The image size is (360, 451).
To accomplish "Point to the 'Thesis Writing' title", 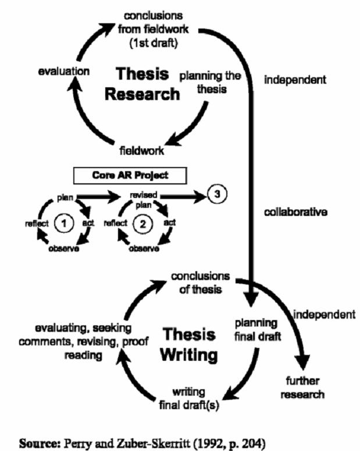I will point(190,343).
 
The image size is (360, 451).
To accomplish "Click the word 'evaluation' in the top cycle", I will point(64,72).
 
